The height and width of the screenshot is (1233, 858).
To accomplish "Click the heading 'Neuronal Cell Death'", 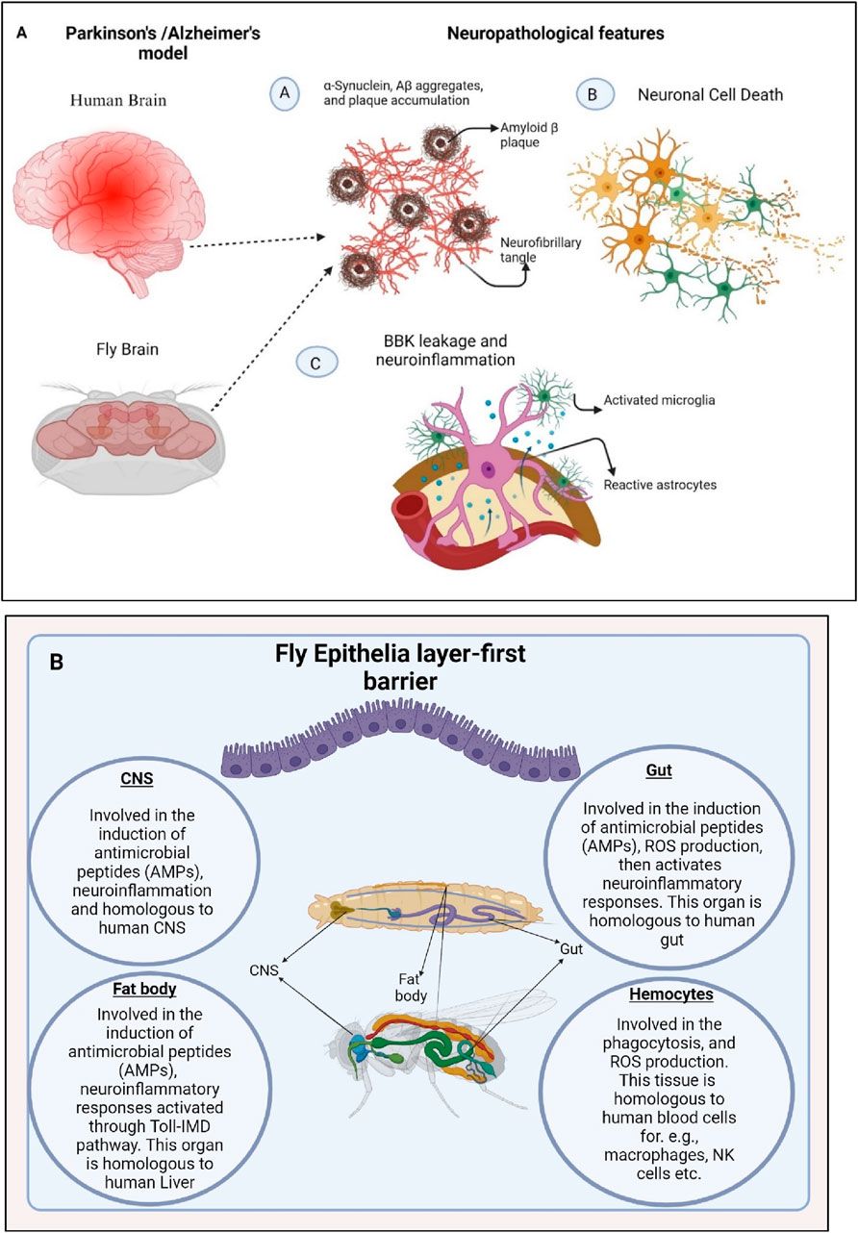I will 711,95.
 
